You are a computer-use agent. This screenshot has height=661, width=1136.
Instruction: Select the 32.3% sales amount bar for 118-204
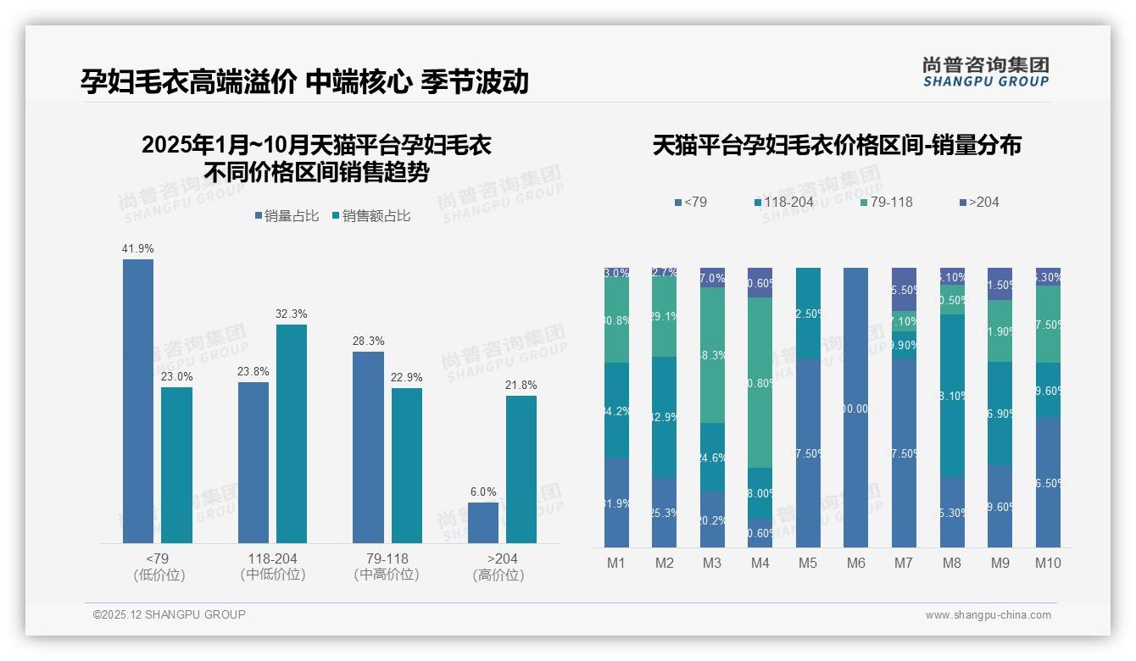(292, 434)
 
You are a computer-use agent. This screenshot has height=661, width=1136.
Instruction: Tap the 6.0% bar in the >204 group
(483, 523)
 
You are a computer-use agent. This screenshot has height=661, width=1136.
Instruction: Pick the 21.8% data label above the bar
(521, 385)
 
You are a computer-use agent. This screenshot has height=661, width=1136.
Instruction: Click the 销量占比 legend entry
(286, 216)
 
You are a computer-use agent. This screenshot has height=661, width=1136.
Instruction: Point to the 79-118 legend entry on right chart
(887, 202)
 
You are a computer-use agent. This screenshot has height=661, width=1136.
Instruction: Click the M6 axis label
(856, 563)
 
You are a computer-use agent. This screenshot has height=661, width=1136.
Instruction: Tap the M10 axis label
(1048, 563)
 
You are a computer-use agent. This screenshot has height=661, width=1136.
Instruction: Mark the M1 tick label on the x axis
(616, 563)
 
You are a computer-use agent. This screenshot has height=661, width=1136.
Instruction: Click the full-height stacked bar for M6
(856, 408)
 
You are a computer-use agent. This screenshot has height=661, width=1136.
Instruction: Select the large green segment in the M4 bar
(760, 382)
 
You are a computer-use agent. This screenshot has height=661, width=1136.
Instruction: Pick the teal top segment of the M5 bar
(808, 313)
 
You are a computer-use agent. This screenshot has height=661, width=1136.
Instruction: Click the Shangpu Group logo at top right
(985, 71)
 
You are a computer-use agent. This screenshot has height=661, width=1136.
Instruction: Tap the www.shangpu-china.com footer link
(988, 615)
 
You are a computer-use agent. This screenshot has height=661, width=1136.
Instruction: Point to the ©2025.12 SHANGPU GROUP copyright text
(170, 614)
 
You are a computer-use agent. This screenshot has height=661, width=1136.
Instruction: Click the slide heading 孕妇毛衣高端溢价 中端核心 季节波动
(304, 81)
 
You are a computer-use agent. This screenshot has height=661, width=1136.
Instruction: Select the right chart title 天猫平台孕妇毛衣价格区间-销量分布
(837, 145)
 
